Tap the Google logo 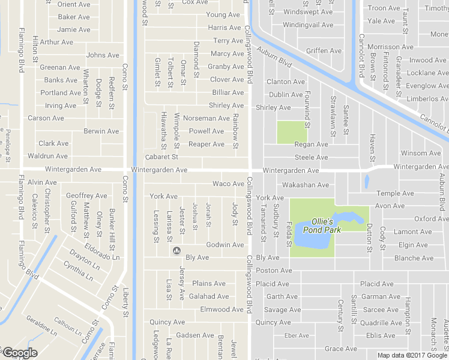tap(19, 353)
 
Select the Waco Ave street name tap(228, 184)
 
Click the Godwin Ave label tap(225, 245)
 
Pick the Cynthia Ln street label tap(78, 272)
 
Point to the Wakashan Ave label tap(306, 185)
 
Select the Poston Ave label tap(274, 271)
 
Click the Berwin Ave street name tap(101, 131)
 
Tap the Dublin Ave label tap(286, 95)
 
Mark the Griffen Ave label tap(324, 51)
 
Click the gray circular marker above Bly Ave tap(176, 250)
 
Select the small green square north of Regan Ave tap(291, 132)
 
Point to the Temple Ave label tap(395, 193)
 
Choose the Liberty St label tap(126, 303)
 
